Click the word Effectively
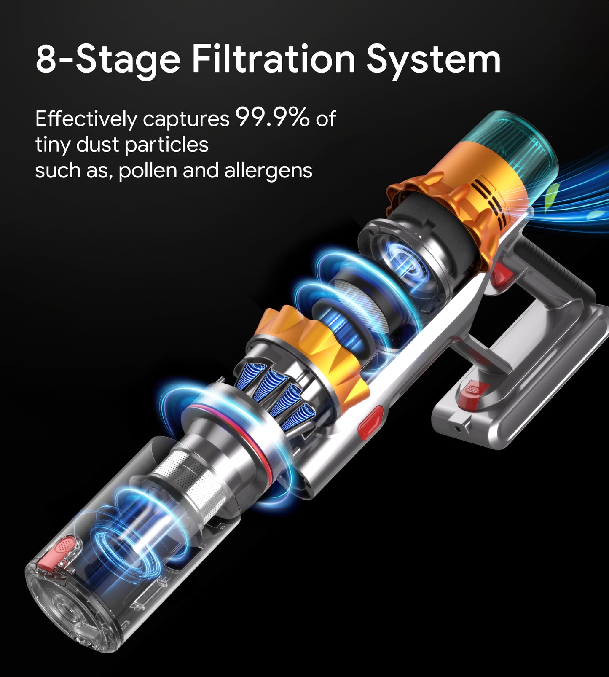tap(86, 119)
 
